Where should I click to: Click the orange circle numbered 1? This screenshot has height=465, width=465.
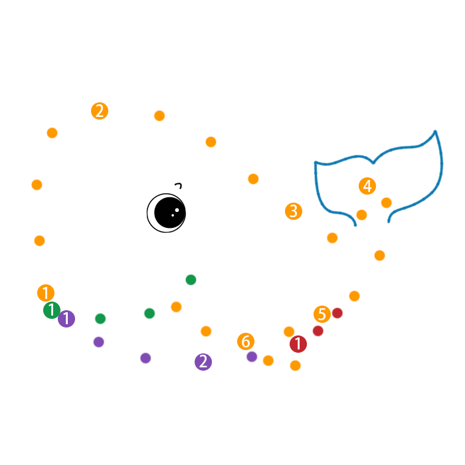pos(46,293)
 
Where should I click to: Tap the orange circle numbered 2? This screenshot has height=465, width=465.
pos(100,111)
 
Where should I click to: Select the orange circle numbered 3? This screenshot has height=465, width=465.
pos(294,211)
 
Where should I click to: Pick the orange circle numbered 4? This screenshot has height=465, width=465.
pos(367,186)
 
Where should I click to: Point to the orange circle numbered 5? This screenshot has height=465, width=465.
pos(322,314)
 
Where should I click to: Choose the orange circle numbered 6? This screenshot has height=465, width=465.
pos(246,341)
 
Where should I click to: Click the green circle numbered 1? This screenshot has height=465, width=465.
pos(52,310)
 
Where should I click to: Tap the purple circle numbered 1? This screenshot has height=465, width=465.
pos(66,319)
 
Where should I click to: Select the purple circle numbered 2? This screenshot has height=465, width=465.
pos(203,362)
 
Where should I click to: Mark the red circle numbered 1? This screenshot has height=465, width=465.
pos(298,344)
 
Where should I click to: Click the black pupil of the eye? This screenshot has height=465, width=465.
pos(169,213)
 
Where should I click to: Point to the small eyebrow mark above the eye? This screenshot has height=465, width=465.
pos(178,185)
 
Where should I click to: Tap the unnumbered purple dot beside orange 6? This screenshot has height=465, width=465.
pos(252,357)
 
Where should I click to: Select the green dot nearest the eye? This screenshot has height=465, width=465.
pos(191,280)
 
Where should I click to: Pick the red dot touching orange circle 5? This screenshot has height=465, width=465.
pos(337,313)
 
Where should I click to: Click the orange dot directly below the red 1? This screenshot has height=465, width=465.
pos(296,365)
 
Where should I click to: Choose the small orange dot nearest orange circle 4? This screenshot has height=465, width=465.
pos(386,203)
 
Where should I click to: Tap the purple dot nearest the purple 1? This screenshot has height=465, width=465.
pos(99,342)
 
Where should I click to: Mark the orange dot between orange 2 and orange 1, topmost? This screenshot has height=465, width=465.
pos(52,133)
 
